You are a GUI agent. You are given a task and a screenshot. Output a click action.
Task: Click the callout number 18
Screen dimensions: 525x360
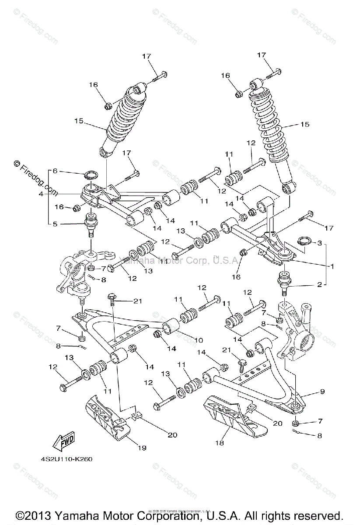click(x=220, y=443)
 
